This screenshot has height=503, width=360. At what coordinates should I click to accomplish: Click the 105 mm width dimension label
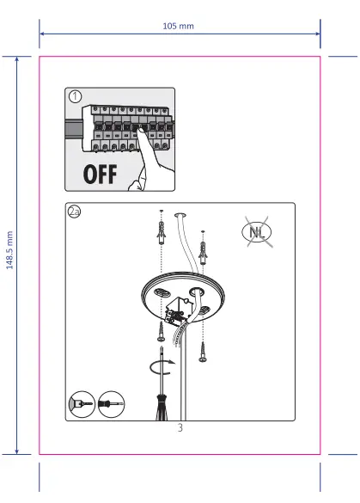coord(179,26)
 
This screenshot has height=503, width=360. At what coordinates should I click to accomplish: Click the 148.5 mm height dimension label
coord(10,249)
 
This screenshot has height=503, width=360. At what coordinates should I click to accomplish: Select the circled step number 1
coord(76,96)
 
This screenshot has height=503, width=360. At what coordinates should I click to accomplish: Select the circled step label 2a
coord(75,212)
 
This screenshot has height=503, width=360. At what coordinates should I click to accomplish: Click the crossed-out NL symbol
coord(257,232)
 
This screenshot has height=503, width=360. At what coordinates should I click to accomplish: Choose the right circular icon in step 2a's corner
coord(110,402)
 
